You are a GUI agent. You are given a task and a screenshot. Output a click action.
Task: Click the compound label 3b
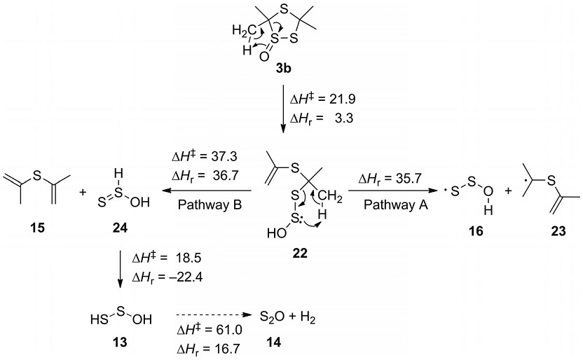283,69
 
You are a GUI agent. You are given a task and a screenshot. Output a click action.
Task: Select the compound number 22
300,253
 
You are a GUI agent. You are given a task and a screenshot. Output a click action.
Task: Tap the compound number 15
38,228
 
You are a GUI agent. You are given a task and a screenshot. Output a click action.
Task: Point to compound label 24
120,228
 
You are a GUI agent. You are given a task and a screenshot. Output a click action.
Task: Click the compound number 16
476,231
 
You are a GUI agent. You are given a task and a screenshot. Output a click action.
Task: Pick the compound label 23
558,231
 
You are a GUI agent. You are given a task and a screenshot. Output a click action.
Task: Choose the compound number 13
120,342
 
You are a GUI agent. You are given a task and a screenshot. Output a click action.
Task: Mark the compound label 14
274,342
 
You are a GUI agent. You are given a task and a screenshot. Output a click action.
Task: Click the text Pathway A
395,205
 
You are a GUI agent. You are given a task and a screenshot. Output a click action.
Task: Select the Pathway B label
210,205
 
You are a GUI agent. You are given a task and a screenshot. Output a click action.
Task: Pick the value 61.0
228,330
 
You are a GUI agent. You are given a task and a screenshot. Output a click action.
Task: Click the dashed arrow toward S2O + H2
212,314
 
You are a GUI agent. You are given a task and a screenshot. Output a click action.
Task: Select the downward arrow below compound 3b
283,109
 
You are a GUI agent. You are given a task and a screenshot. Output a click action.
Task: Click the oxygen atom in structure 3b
263,57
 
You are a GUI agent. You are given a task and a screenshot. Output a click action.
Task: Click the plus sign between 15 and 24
83,192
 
